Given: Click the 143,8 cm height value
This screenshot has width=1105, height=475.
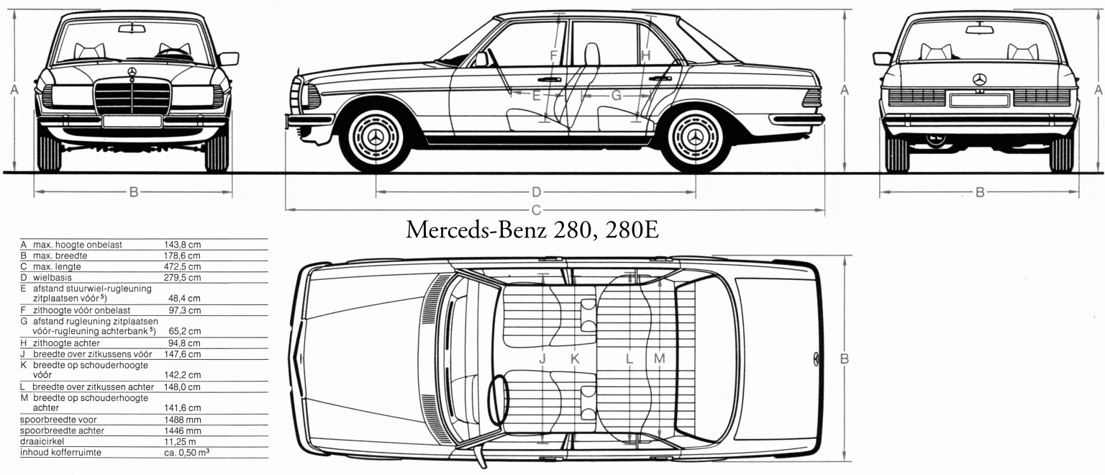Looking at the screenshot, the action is pos(182,245).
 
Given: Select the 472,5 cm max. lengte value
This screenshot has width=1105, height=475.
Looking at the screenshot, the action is pos(182,266).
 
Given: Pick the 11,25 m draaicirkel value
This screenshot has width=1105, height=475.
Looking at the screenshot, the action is pos(180,441).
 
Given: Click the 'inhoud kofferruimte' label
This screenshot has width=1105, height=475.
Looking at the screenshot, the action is pos(60,452).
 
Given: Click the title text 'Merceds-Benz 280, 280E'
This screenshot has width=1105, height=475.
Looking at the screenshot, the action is pos(532,230).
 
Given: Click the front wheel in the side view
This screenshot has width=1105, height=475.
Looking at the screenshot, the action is pos(376,137).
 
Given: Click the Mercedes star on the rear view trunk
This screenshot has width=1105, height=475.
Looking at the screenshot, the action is pos(980,79).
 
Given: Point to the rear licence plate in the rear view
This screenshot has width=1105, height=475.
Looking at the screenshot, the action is pos(979,100).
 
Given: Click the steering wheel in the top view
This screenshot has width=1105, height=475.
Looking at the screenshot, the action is pos(499,399).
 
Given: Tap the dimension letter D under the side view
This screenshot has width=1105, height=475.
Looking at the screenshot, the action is pos(536,192).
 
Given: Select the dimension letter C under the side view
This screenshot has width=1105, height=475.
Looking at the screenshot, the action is pos(536,210).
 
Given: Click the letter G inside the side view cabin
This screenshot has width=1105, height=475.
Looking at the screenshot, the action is pos(616,95).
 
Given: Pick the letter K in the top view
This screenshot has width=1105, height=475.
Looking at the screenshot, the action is pos(575,359).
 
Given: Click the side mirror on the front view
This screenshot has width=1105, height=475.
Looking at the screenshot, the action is pos(228,59).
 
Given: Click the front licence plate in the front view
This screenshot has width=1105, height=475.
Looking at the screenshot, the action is pos(132,121).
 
